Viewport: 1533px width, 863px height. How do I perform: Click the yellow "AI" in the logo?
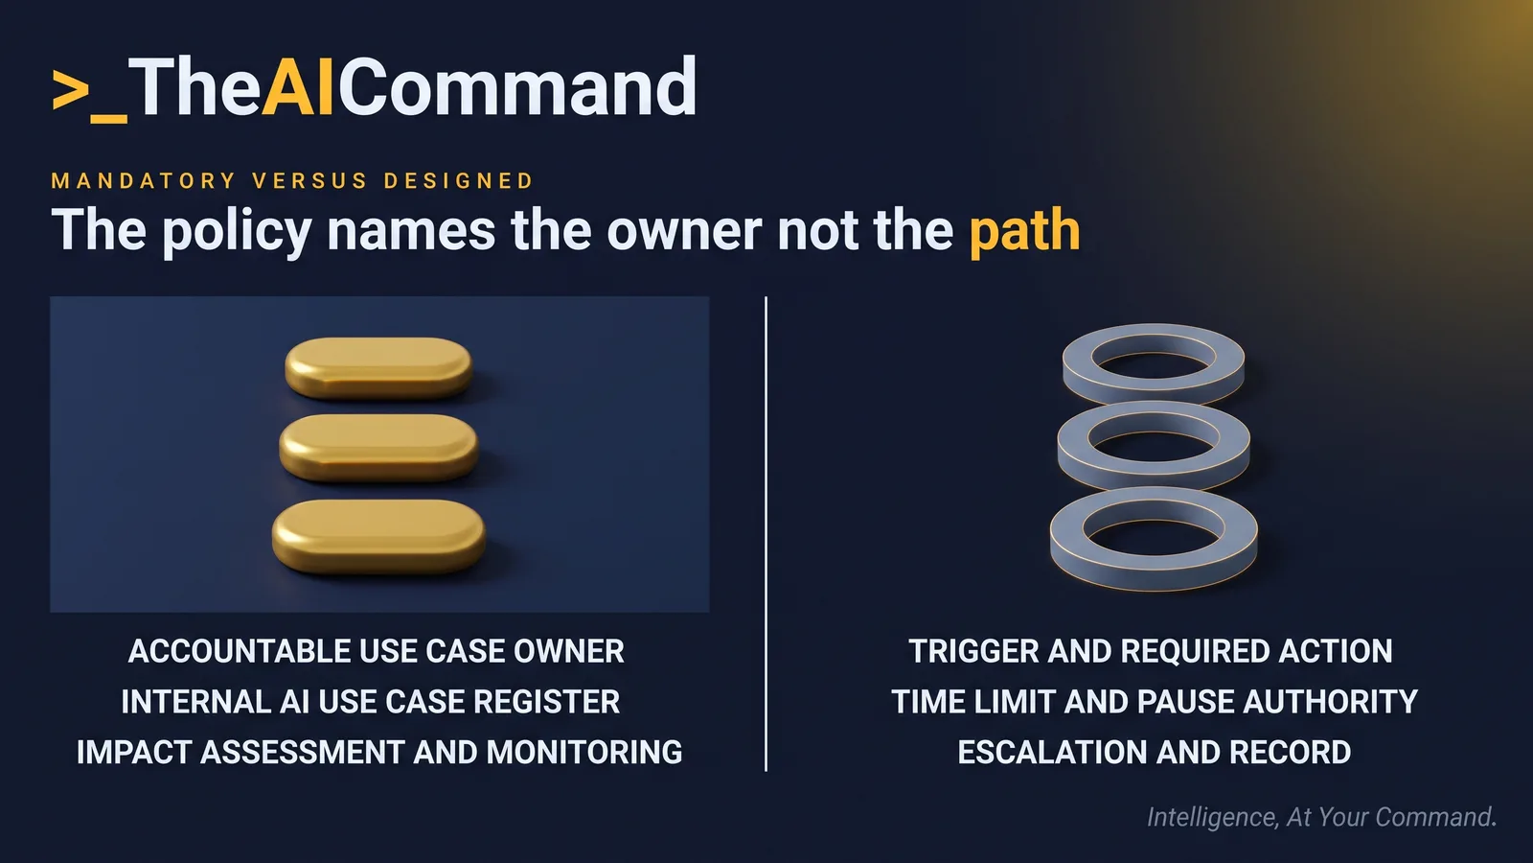pyautogui.click(x=298, y=87)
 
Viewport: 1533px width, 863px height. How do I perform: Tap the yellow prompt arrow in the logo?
pyautogui.click(x=71, y=90)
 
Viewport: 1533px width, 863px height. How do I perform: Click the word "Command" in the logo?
pyautogui.click(x=517, y=87)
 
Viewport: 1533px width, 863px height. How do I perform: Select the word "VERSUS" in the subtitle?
pyautogui.click(x=310, y=181)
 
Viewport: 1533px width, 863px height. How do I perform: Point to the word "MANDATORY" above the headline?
pyautogui.click(x=144, y=181)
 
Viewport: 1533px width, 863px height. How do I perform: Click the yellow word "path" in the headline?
pyautogui.click(x=1024, y=231)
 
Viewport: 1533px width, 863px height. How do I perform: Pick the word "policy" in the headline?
pyautogui.click(x=238, y=231)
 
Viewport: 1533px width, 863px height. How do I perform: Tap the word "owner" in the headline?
pyautogui.click(x=684, y=231)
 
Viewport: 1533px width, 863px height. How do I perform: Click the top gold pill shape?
pyautogui.click(x=378, y=368)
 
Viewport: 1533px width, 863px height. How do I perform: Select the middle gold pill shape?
pyautogui.click(x=378, y=447)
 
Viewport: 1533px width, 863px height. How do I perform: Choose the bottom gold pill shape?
pyautogui.click(x=378, y=536)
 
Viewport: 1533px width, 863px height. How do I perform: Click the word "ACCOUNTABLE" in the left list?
pyautogui.click(x=239, y=651)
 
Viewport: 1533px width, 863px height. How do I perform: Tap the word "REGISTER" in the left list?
pyautogui.click(x=547, y=701)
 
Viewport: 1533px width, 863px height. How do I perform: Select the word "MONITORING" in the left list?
pyautogui.click(x=584, y=752)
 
